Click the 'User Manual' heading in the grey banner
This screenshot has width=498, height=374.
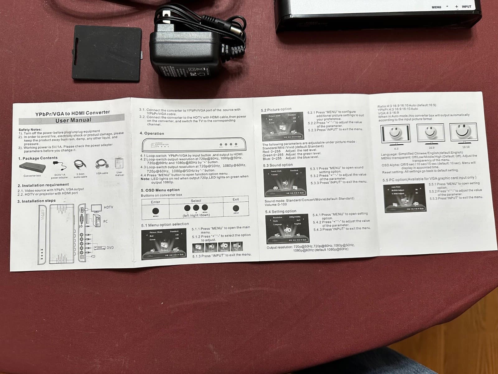click(x=73, y=120)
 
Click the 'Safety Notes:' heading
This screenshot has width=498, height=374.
click(x=30, y=129)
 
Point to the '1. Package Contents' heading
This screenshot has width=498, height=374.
click(x=38, y=158)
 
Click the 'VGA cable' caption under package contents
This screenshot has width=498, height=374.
click(x=102, y=173)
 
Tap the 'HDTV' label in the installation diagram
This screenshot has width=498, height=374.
click(x=108, y=207)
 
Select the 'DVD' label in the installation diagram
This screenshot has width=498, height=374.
click(x=110, y=248)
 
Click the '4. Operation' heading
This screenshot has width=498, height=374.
click(x=152, y=133)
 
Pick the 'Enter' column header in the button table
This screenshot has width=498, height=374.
click(x=155, y=202)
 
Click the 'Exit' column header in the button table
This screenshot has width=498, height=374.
click(x=236, y=199)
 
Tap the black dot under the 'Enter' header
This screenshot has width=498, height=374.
click(x=156, y=211)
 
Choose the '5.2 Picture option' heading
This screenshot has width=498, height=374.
click(x=276, y=109)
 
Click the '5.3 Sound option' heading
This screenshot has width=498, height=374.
click(x=278, y=165)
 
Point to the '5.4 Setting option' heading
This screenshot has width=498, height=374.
click(x=280, y=212)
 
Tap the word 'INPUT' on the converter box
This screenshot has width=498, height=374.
click(x=466, y=7)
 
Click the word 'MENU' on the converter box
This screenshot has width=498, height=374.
click(x=436, y=7)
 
